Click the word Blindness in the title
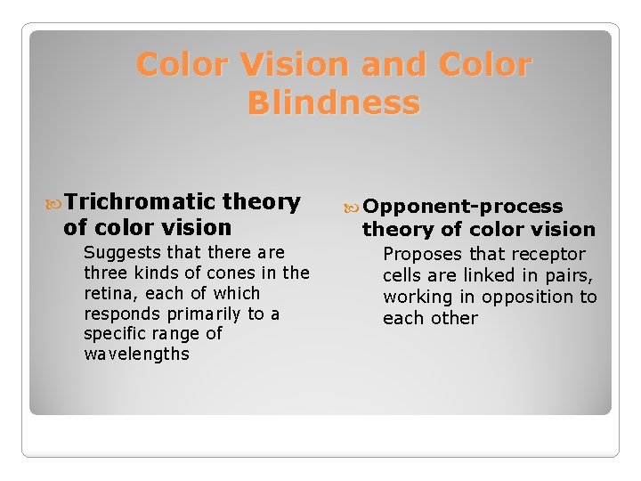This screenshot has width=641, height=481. coord(334,103)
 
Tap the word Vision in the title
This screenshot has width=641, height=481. coord(288,65)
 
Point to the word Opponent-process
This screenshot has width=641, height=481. coord(463,207)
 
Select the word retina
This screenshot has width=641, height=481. coord(108,293)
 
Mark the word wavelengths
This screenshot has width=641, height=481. coord(136,355)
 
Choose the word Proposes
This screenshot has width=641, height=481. coord(422,255)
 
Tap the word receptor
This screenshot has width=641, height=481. coord(549,255)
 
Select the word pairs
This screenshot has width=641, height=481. coord(566,276)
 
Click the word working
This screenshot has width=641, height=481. coord(418,298)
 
